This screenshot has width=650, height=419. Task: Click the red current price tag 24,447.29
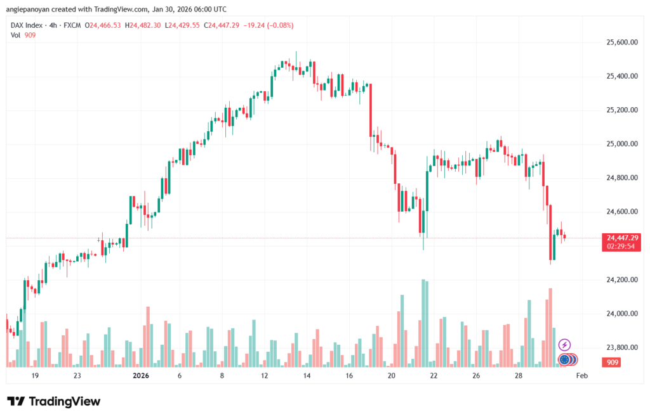point(622,238)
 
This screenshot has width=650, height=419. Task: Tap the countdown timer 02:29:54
point(622,246)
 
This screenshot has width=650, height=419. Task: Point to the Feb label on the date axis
point(581,375)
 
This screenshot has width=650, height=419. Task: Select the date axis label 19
point(35,375)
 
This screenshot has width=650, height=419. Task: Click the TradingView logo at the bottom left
point(53,401)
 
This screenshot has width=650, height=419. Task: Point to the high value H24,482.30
point(144,25)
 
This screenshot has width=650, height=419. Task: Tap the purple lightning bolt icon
point(564,345)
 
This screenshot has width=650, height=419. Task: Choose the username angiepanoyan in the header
point(34,10)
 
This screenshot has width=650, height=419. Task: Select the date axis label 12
point(265,375)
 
